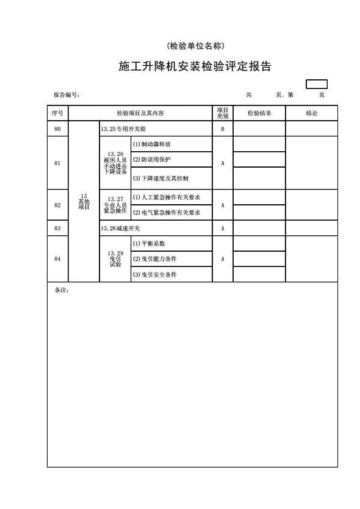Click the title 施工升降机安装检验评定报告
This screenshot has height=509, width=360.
coord(195,66)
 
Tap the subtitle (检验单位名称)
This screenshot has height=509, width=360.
coord(195,46)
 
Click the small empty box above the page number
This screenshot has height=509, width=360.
coord(317,84)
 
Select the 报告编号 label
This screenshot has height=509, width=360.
coord(67,94)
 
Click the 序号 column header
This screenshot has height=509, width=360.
coord(57,113)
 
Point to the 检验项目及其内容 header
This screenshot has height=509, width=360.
coord(140,113)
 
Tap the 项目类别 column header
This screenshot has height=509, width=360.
coord(223,113)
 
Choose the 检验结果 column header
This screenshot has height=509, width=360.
coord(259,113)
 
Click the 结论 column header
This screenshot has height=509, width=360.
coord(312,113)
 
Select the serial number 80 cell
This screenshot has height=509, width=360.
coord(57,129)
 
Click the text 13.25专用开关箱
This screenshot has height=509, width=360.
coord(123,129)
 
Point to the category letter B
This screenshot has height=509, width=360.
coord(223,129)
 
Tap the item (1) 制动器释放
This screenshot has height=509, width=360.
coord(152,144)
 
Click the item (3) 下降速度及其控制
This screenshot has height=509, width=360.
coord(160,178)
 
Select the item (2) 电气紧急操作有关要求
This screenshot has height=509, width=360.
coord(167,213)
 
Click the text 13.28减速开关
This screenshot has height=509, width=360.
coord(120,228)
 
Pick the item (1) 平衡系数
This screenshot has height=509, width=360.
coord(149,243)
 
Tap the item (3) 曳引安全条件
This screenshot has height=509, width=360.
coord(154,275)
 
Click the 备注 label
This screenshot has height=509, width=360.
coord(62,290)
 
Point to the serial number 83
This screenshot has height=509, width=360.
coord(57,228)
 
